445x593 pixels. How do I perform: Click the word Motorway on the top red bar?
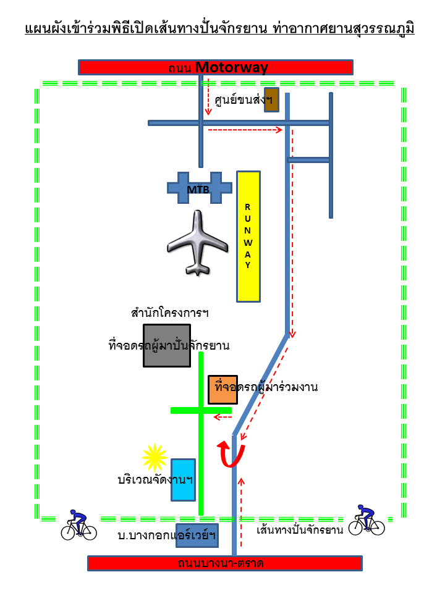[232, 67]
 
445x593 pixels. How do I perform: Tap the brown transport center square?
[271, 100]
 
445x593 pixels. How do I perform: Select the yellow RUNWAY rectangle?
[248, 237]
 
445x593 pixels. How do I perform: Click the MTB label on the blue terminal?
[198, 190]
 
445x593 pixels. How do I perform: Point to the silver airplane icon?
[197, 243]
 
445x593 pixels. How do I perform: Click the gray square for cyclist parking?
[166, 346]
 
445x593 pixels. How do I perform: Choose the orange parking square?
[222, 390]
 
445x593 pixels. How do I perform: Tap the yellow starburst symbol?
[155, 458]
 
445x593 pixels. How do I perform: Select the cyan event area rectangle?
[183, 480]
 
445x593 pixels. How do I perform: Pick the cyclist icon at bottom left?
[78, 525]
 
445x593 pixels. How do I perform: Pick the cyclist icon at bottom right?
[367, 520]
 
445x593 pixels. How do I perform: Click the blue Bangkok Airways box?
[197, 536]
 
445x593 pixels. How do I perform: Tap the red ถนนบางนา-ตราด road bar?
[225, 563]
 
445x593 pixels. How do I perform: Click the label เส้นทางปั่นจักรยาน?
[300, 530]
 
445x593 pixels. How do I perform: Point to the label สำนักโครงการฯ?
[169, 313]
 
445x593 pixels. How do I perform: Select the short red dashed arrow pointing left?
[222, 417]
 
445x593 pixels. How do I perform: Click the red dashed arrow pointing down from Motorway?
[208, 97]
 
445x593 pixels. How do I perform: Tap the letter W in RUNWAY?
[248, 242]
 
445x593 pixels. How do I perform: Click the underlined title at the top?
[220, 29]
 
